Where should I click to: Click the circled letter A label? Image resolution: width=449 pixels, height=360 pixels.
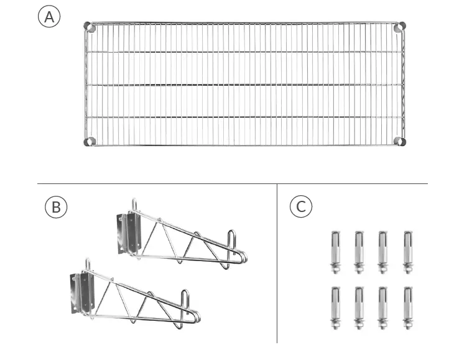click(x=50, y=17)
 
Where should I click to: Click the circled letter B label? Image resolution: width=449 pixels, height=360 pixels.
click(x=56, y=207)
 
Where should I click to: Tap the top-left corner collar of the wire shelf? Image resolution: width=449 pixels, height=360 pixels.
click(x=90, y=27)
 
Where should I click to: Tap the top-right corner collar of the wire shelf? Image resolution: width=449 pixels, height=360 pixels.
click(x=400, y=27)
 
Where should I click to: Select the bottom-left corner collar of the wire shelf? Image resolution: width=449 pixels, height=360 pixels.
click(x=90, y=141)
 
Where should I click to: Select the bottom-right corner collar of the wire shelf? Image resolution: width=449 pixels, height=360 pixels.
click(x=400, y=141)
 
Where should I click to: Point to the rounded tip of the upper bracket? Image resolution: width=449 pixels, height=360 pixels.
click(x=243, y=257)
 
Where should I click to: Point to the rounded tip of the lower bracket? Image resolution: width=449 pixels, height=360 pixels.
click(x=196, y=318)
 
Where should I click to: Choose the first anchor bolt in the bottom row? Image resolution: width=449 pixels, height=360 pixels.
click(x=335, y=307)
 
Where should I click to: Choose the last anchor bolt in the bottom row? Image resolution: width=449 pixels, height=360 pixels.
click(x=407, y=307)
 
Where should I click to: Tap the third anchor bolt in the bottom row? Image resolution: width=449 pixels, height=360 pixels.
click(x=383, y=307)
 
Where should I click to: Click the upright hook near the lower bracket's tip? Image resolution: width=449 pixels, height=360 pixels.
click(x=185, y=302)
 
